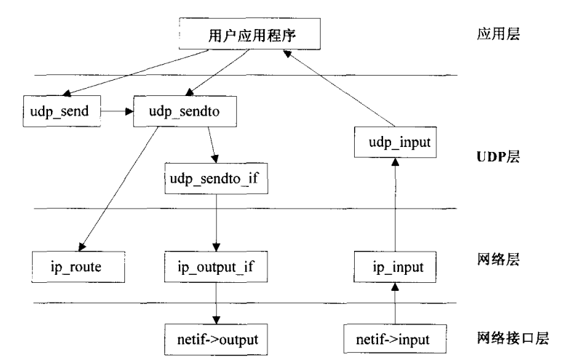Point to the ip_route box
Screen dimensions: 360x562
(x=65, y=267)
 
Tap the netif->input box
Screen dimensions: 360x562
(x=387, y=338)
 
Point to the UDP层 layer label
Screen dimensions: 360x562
(x=497, y=157)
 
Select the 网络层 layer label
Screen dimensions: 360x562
(x=498, y=260)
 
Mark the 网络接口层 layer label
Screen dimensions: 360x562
(x=508, y=337)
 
